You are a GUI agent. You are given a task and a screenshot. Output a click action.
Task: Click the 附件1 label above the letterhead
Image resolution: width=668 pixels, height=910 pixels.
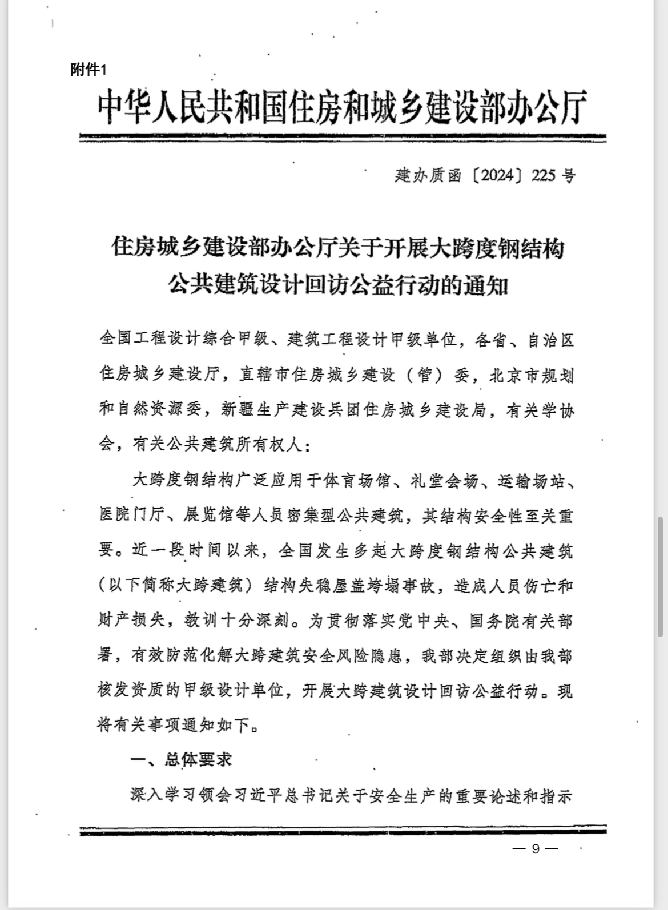click(x=88, y=70)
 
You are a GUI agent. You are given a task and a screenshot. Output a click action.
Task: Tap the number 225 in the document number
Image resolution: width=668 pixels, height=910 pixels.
click(x=543, y=175)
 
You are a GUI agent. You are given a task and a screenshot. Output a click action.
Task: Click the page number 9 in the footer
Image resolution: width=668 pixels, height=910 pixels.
click(x=535, y=849)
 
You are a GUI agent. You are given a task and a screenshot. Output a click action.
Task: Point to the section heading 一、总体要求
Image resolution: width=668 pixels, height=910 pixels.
click(x=182, y=760)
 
